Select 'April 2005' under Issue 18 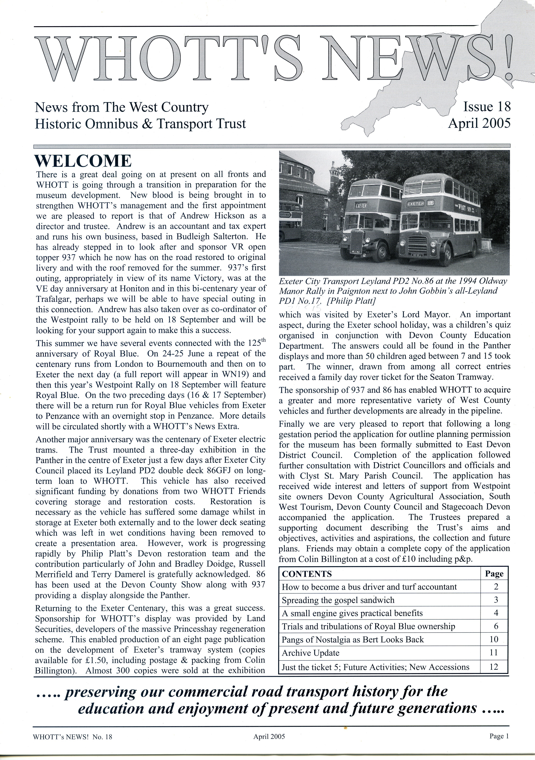479,124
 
